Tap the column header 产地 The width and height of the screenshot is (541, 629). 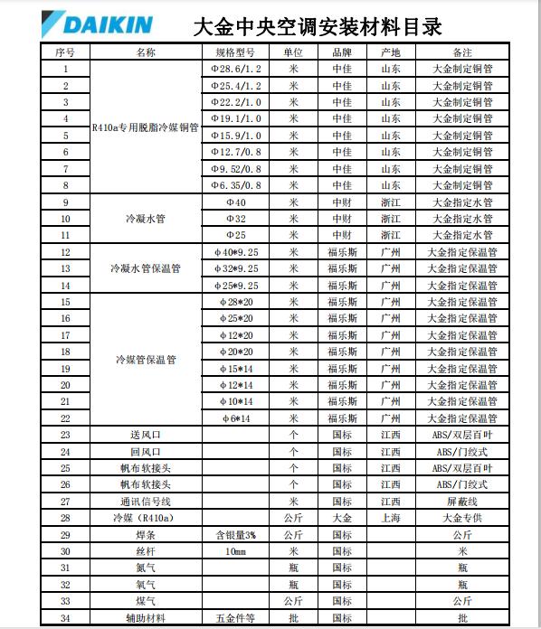[x=391, y=52]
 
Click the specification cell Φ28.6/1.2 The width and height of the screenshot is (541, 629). [x=236, y=69]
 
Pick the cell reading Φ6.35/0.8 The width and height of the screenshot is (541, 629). [x=236, y=185]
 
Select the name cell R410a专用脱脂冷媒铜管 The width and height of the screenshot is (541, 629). [x=146, y=127]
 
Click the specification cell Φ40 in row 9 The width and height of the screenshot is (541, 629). [x=236, y=202]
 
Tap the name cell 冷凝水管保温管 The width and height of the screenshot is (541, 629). [x=146, y=268]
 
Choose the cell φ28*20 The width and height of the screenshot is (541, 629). [x=236, y=302]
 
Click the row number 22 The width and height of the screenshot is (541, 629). [x=66, y=418]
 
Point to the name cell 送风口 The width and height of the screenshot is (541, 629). [x=146, y=435]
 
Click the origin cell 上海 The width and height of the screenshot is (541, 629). [x=391, y=518]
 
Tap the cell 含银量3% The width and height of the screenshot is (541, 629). [x=236, y=535]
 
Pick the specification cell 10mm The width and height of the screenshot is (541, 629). [x=236, y=551]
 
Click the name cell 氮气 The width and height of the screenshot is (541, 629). [x=146, y=568]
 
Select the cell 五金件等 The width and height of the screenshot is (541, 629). [x=236, y=618]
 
